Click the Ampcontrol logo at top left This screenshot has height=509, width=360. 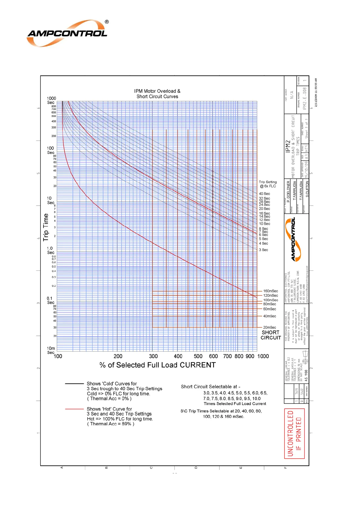point(67,33)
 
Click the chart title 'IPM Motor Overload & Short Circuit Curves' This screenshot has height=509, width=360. point(157,94)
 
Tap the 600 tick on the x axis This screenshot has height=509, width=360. point(213,356)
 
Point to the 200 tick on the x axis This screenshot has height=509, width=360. point(118,356)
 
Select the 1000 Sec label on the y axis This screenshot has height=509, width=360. point(51,100)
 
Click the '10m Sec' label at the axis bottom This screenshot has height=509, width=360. point(51,350)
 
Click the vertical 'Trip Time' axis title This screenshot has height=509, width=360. point(46,227)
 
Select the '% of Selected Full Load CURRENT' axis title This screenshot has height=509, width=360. point(157,365)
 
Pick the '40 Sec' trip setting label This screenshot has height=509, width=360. point(264,194)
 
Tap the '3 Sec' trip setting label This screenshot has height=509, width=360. point(263,250)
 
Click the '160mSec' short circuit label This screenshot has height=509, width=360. point(271,291)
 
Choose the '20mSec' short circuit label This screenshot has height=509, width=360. point(269,327)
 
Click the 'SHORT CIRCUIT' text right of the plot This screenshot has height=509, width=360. point(271,335)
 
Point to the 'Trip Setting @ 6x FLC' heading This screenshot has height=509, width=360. point(268,184)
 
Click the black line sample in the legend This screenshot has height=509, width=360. point(74,384)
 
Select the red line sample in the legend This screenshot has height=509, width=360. point(74,409)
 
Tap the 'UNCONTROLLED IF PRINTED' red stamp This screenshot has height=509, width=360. point(294,433)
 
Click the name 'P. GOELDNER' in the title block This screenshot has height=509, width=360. point(288,190)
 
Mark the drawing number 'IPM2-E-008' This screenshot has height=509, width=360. point(305,98)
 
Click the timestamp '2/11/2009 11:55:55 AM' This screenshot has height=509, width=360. point(316,92)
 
